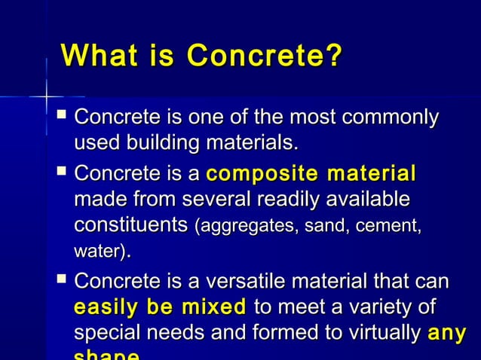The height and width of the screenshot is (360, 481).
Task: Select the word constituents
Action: click(130, 225)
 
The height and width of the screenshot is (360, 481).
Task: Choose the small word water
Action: click(97, 251)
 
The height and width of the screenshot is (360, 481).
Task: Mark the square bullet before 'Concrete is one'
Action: click(62, 117)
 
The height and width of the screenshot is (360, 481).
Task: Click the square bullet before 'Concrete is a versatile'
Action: click(62, 282)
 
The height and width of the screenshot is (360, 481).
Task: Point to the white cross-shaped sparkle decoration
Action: click(47, 96)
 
